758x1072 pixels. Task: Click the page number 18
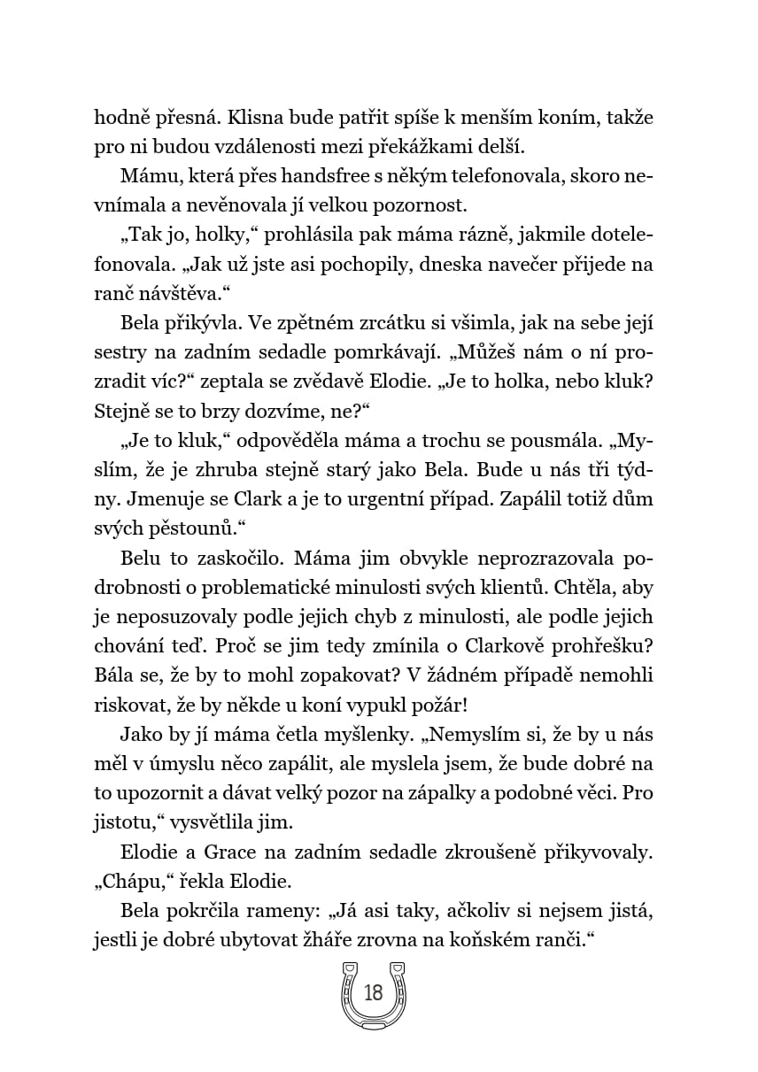pos(373,993)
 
